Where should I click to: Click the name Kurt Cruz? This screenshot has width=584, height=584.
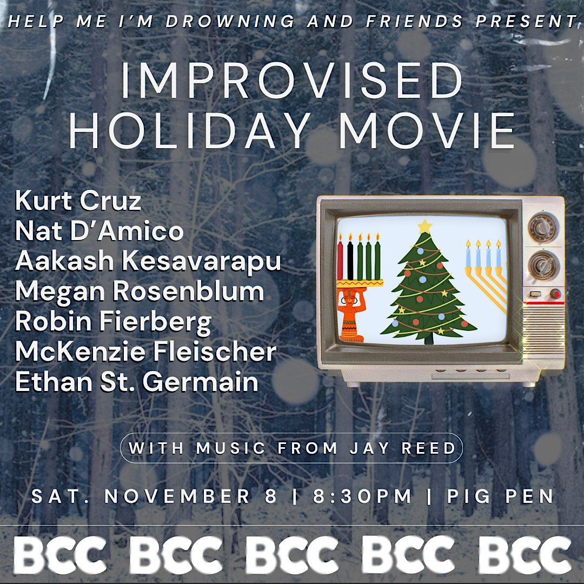point(78,202)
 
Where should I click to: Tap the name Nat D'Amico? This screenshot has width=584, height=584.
point(99,231)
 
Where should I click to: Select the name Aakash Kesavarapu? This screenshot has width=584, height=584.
point(148,262)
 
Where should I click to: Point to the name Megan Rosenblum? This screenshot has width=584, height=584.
point(140,292)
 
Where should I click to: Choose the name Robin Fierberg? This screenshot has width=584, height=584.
point(114,322)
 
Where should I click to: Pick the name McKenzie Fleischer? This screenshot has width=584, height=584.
point(145,352)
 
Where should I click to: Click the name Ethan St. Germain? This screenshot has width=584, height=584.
point(137,382)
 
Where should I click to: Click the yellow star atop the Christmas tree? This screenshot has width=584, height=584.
point(425,226)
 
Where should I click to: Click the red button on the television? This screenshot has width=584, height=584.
point(555,295)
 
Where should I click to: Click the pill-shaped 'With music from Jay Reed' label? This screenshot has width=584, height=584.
point(291,448)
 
